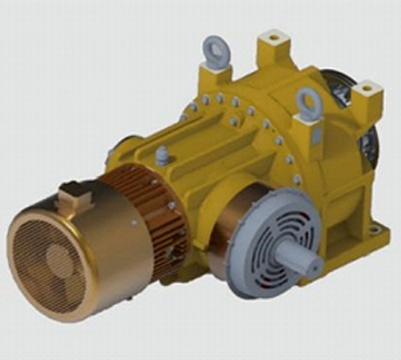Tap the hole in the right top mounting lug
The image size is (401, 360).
[x=369, y=87]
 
